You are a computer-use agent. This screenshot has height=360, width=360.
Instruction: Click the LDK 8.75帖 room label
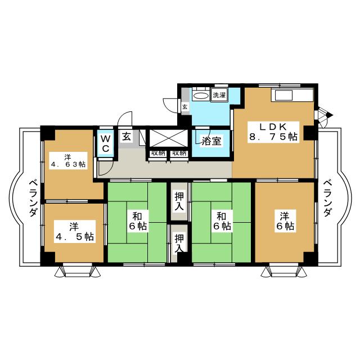click(273, 132)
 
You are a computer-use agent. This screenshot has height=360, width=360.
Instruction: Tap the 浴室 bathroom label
click(211, 141)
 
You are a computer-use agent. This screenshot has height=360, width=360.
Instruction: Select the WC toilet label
click(106, 144)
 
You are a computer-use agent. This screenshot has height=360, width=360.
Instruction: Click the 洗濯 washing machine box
click(219, 95)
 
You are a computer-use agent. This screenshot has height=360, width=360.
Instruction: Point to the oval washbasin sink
click(201, 96)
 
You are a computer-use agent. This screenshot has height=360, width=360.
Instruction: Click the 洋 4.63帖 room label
click(68, 161)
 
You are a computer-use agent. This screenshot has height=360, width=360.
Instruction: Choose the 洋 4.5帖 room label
click(74, 231)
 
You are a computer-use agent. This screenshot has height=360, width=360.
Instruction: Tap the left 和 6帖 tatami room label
click(137, 221)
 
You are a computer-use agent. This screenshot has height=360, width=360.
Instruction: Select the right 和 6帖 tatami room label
click(222, 221)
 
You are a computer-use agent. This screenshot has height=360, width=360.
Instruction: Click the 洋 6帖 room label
click(285, 221)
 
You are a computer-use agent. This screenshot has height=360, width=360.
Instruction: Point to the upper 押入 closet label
click(179, 201)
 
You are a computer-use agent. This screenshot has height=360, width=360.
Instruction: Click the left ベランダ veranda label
click(33, 199)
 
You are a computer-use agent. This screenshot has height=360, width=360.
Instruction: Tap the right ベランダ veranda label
click(327, 199)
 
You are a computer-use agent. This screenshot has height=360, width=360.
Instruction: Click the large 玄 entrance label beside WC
click(127, 137)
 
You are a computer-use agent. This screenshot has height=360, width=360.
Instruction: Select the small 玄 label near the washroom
click(185, 107)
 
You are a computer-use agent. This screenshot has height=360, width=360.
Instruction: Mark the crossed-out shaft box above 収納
click(169, 138)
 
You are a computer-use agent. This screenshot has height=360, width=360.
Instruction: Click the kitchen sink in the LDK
click(283, 95)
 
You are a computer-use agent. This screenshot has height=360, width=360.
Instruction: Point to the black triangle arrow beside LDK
click(330, 115)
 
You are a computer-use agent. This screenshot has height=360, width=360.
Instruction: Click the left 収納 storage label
click(157, 153)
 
